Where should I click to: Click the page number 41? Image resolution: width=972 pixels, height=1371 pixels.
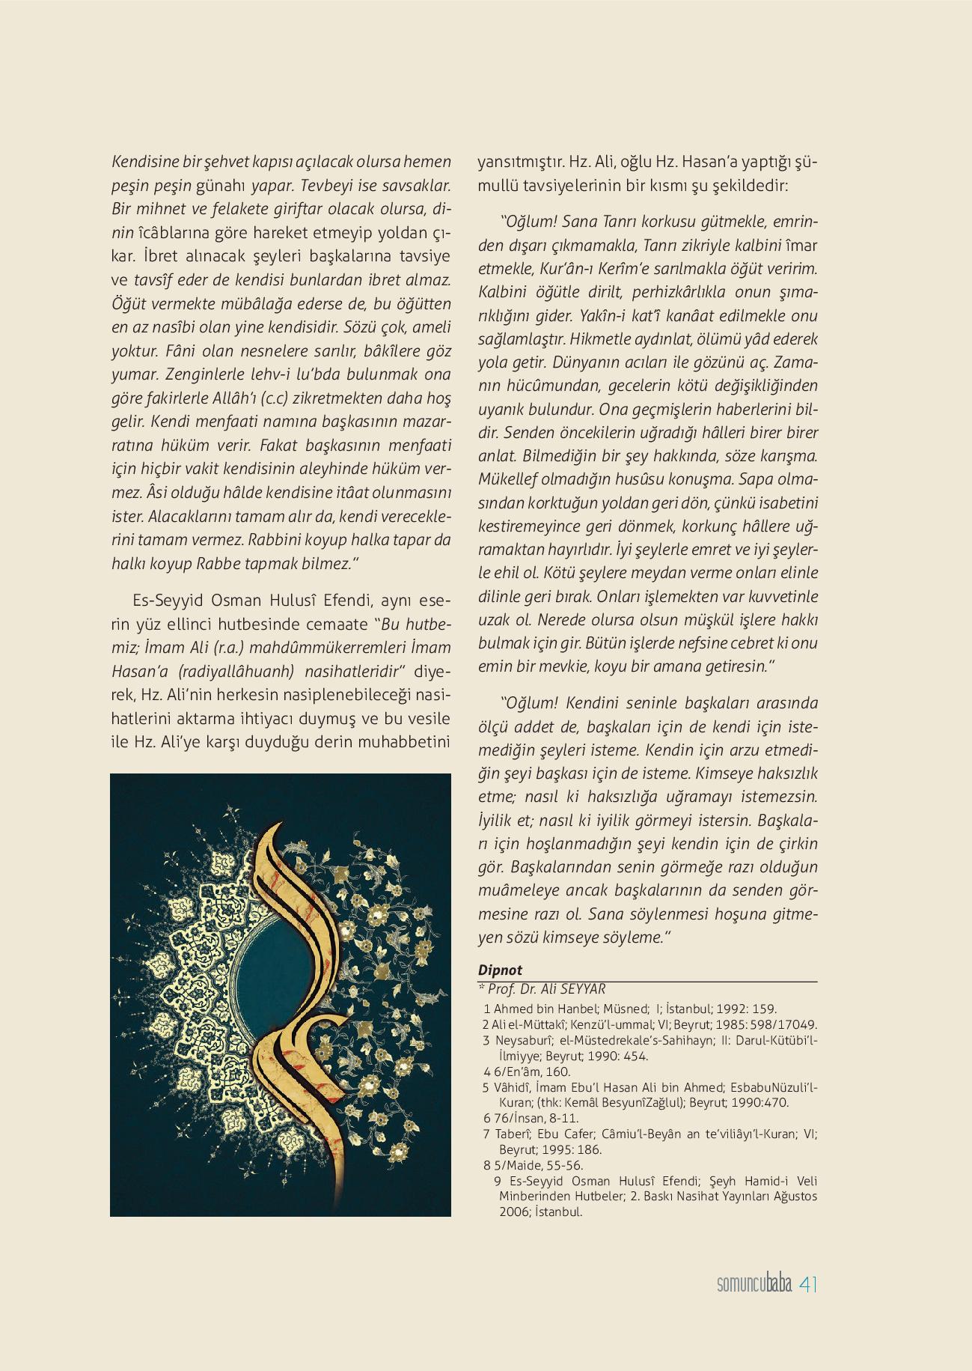(808, 1284)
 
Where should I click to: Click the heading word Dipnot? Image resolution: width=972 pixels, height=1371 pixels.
(500, 970)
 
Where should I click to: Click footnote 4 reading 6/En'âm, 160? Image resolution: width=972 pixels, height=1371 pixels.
(531, 1072)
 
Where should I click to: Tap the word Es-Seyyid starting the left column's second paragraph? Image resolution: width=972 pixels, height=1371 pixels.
(162, 601)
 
